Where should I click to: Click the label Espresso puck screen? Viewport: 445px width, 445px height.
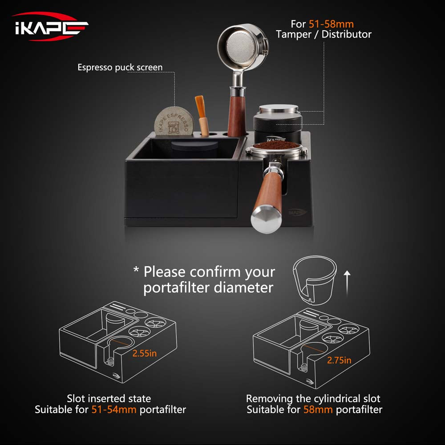click(120, 68)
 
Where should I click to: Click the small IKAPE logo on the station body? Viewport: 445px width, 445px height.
click(299, 212)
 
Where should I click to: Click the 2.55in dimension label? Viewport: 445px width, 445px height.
click(145, 353)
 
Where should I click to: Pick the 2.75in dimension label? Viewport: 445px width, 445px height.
click(339, 360)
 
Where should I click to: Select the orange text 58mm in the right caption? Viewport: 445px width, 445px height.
click(318, 409)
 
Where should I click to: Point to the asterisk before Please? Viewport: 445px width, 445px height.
click(136, 270)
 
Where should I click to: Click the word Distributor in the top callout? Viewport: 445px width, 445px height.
click(347, 34)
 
